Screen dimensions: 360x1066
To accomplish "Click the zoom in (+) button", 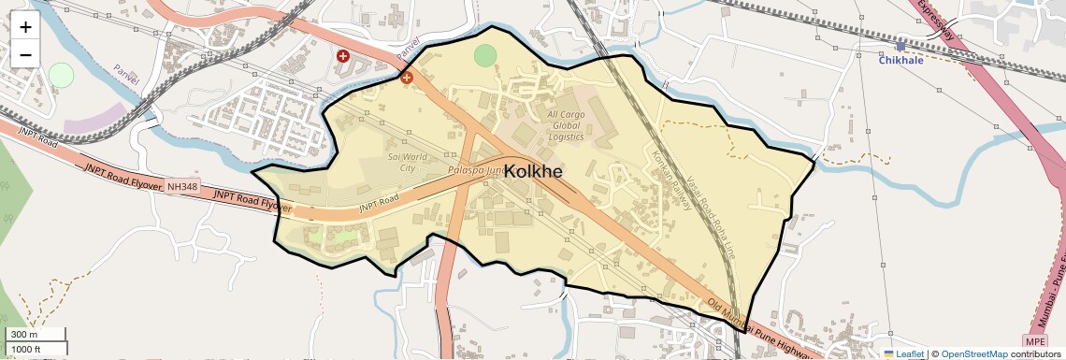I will click(25, 27).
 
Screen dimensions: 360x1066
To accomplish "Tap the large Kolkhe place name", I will click(533, 171).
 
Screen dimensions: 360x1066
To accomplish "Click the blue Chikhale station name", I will click(900, 60).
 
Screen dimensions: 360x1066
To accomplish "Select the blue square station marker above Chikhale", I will click(900, 45).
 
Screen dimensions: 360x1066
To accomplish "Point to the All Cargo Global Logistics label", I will click(565, 125).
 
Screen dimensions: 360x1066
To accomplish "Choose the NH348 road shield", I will click(183, 187).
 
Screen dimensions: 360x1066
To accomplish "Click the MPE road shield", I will click(1033, 340).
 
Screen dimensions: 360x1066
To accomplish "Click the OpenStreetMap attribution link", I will click(973, 353).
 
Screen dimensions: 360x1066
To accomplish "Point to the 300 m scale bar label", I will click(25, 335).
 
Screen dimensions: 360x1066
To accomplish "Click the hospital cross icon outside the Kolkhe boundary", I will click(343, 57).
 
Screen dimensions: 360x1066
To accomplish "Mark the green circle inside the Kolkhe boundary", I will click(484, 55).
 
